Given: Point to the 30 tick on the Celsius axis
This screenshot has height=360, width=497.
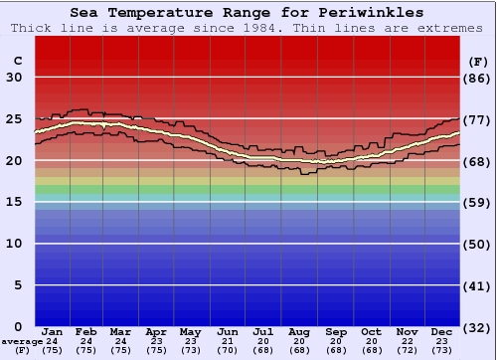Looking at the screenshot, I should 14,78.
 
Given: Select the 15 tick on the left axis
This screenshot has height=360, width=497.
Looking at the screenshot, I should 14,202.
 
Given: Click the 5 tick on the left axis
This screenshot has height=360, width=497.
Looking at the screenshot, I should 19,285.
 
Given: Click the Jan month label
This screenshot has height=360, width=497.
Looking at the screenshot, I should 53,331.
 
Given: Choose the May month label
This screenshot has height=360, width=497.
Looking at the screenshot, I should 190,331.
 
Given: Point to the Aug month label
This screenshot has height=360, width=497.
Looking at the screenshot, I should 298,331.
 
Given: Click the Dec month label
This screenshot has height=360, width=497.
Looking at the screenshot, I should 442,331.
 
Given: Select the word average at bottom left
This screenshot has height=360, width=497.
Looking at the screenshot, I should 21,341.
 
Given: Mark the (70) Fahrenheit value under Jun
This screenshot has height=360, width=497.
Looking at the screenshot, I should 227,350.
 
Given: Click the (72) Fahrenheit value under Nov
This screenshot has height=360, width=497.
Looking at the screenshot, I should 407,350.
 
